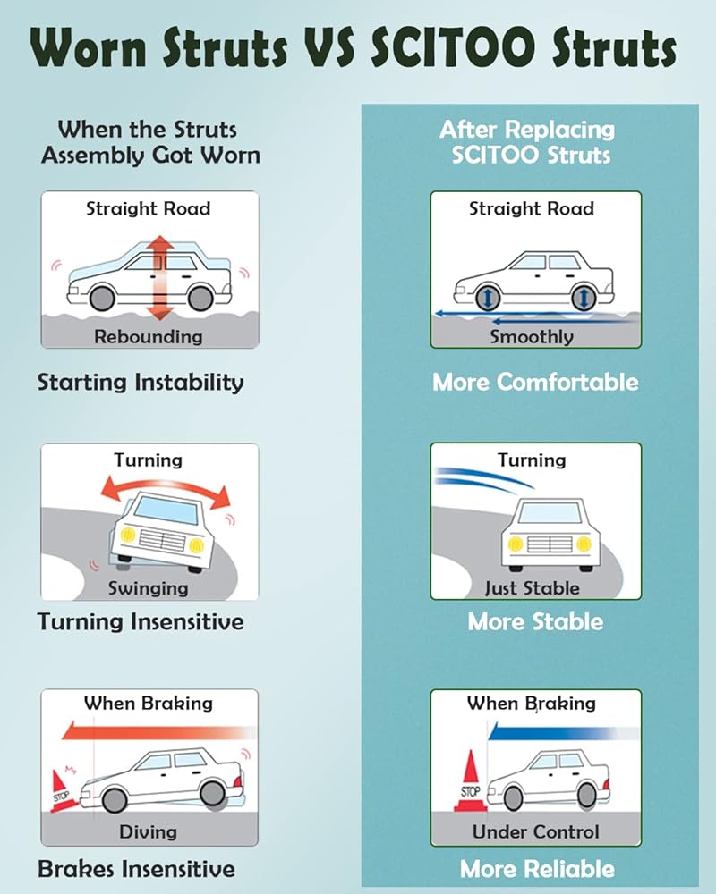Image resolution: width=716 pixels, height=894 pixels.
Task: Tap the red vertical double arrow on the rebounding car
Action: point(160,277)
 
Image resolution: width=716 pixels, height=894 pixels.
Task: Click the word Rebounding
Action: point(149,336)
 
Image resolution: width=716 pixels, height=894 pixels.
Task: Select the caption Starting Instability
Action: point(141,382)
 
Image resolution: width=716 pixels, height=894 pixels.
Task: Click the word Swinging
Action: point(149,588)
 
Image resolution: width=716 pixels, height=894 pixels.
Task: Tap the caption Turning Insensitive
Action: point(141,621)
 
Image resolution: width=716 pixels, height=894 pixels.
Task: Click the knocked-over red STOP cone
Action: point(64,791)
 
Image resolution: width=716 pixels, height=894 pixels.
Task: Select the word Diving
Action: point(149,831)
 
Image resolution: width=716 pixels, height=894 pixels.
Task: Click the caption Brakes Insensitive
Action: point(136,869)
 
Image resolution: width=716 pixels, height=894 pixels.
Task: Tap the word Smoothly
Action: point(532,337)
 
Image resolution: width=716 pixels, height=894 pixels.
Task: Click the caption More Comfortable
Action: point(535,382)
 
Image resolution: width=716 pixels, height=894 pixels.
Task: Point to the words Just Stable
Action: point(533,588)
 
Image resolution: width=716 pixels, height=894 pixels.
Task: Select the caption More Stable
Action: point(535,621)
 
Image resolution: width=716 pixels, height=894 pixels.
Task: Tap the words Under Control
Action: point(535,831)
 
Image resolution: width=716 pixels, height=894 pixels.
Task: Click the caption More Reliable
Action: point(537,869)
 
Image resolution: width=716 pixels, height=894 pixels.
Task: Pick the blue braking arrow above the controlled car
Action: point(563,733)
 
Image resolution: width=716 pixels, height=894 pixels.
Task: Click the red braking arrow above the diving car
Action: point(158,731)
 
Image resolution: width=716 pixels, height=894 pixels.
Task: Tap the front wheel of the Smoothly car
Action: point(488,298)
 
